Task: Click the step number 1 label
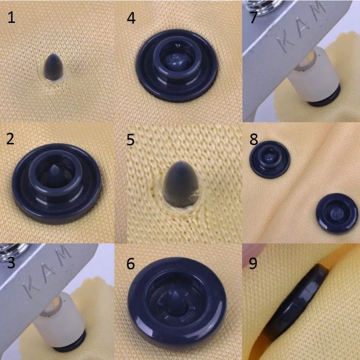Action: pyautogui.click(x=11, y=17)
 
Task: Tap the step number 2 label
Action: pyautogui.click(x=10, y=139)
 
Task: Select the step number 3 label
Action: pyautogui.click(x=11, y=262)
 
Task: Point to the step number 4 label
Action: pyautogui.click(x=131, y=18)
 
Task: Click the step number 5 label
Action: pyautogui.click(x=130, y=139)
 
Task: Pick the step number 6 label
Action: pyautogui.click(x=130, y=264)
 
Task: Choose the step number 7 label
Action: pyautogui.click(x=253, y=17)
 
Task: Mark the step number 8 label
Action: pyautogui.click(x=254, y=139)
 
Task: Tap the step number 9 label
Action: pyautogui.click(x=253, y=263)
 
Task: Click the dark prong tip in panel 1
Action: pyautogui.click(x=54, y=67)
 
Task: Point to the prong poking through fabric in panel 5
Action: pyautogui.click(x=180, y=184)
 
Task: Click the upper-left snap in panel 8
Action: pyautogui.click(x=270, y=159)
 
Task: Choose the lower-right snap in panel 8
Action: pyautogui.click(x=337, y=213)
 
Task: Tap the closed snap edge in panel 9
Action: pyautogui.click(x=296, y=302)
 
